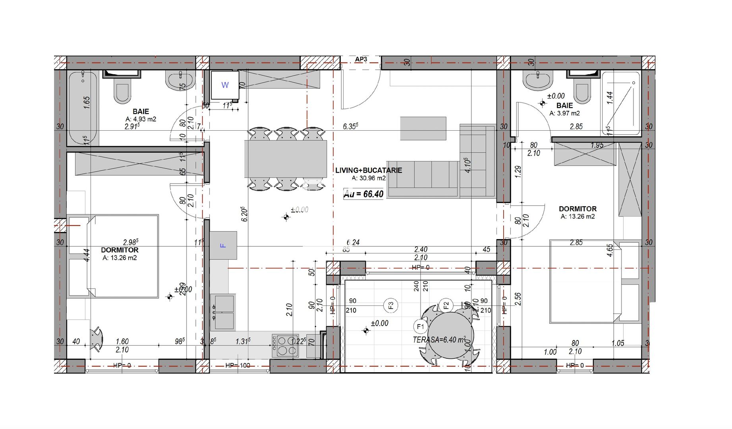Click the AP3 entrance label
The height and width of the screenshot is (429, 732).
361,60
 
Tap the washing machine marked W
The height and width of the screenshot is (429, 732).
225,85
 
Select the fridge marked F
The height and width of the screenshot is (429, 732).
223,245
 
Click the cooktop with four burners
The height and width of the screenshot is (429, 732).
285,346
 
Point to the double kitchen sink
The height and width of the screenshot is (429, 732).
223,312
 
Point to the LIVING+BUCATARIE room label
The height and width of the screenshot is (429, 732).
368,170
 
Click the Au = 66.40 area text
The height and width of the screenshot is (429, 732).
363,194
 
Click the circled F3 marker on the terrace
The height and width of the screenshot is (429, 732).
391,305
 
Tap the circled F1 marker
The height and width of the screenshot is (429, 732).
420,327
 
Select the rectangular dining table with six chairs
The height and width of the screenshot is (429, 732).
285,158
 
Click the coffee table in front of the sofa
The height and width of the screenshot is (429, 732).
423,128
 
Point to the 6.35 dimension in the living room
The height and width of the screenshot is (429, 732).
350,126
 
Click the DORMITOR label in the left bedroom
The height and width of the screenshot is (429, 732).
120,250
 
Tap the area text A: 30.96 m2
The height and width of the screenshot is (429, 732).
369,178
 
